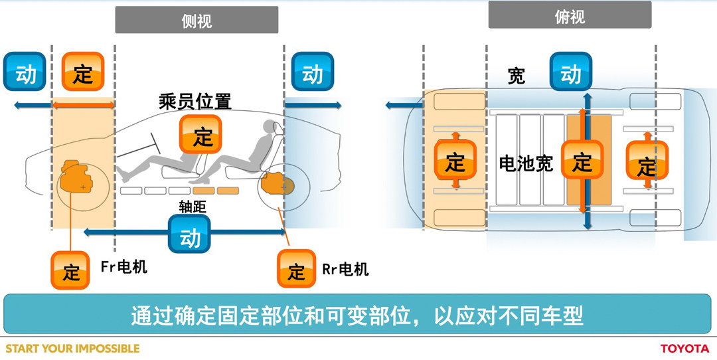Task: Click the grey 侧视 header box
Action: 197,20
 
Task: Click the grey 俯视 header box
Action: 570,15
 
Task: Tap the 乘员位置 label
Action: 195,102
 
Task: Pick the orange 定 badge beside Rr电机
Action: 296,270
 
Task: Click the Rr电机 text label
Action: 345,269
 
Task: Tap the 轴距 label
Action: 193,207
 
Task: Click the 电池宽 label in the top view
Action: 526,163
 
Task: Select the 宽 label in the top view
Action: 516,76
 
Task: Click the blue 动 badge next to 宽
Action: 570,72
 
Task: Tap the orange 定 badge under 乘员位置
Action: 200,135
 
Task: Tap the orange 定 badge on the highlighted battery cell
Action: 582,159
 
